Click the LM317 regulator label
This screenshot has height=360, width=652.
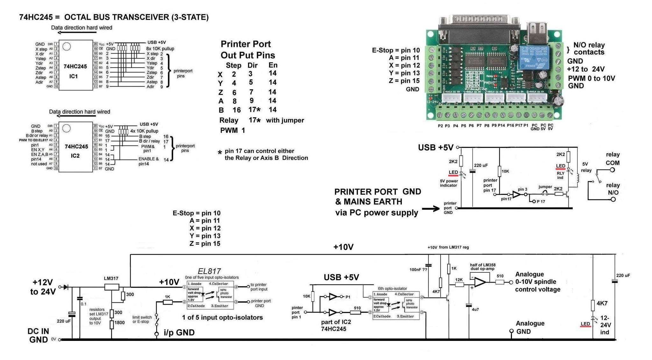point(111,278)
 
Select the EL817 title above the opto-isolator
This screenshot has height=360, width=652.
point(209,271)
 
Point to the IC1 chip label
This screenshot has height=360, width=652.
point(74,76)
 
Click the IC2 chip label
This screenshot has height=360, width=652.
point(75,156)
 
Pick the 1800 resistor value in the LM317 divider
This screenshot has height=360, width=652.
point(119,322)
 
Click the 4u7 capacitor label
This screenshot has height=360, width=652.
point(475,309)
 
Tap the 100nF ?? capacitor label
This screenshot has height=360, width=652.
point(418,270)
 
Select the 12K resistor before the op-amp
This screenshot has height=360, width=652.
point(459,280)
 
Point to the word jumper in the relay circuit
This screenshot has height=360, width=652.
point(545,187)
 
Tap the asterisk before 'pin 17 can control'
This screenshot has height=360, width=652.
point(220,153)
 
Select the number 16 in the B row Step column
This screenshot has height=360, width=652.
point(237,110)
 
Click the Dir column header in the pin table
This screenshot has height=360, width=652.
point(252,65)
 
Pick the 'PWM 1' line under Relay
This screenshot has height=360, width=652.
point(232,130)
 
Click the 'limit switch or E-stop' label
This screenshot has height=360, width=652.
point(142,319)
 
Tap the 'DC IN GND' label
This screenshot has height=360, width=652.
point(38,335)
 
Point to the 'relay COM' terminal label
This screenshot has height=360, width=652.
point(613,159)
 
